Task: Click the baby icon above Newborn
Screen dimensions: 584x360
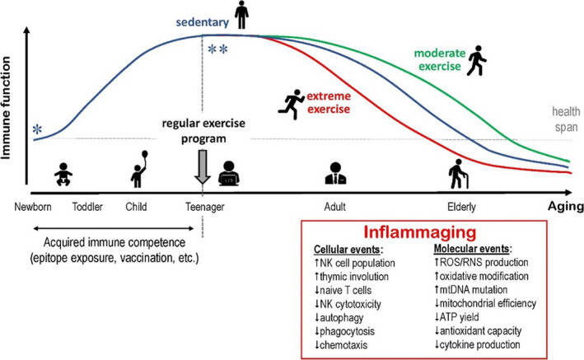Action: [63, 174]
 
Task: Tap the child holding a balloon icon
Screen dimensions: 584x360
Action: [139, 169]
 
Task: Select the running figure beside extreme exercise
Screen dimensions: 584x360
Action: [292, 105]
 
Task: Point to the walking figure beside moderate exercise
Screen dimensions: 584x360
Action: [477, 61]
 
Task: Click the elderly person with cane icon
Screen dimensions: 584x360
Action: [458, 174]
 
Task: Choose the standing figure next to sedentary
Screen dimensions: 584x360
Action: [241, 15]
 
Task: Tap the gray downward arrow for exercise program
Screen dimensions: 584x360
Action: [203, 167]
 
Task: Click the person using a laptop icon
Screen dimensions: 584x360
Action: [229, 173]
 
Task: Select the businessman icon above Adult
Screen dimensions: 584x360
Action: [335, 173]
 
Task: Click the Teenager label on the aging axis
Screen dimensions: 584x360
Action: [205, 207]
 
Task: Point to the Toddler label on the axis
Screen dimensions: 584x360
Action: [87, 207]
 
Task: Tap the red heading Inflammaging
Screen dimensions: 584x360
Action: [420, 231]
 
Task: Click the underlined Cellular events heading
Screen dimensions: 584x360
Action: [348, 250]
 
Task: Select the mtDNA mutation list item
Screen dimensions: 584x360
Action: [471, 290]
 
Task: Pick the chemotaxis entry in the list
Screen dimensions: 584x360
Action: [341, 345]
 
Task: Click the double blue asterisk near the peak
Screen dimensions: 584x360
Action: [218, 49]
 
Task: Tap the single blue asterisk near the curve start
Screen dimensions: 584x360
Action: [37, 129]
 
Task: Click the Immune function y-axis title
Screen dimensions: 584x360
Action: [6, 108]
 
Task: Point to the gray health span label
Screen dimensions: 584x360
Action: [566, 119]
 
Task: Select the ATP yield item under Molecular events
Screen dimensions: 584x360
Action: [456, 317]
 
